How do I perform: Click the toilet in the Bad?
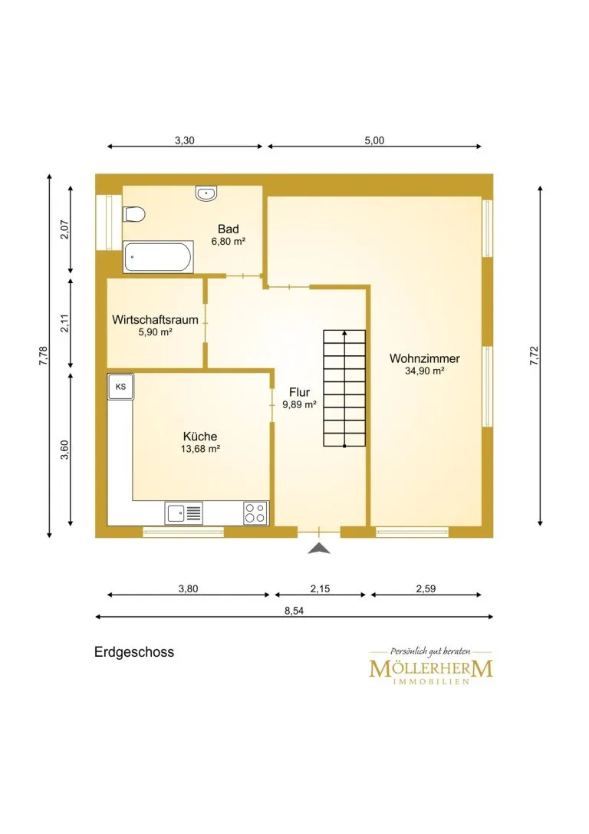134,214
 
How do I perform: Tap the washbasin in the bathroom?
206,193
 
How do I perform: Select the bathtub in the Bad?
158,258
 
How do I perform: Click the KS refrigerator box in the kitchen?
120,387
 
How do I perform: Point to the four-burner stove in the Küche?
255,513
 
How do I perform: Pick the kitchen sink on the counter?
183,513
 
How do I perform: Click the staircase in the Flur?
344,388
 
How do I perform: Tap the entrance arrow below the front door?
319,549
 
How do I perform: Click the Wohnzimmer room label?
425,358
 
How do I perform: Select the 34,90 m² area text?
425,371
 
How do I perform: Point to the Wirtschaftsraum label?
155,320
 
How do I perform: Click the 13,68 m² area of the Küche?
200,449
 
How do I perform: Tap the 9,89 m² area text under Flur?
299,405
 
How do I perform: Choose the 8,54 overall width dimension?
294,611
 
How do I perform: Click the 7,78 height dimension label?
44,356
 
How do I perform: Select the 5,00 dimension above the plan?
374,140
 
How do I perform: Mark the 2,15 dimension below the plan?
320,588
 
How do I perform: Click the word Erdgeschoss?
134,652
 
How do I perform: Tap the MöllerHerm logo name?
431,668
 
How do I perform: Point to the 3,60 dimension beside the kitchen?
65,450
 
